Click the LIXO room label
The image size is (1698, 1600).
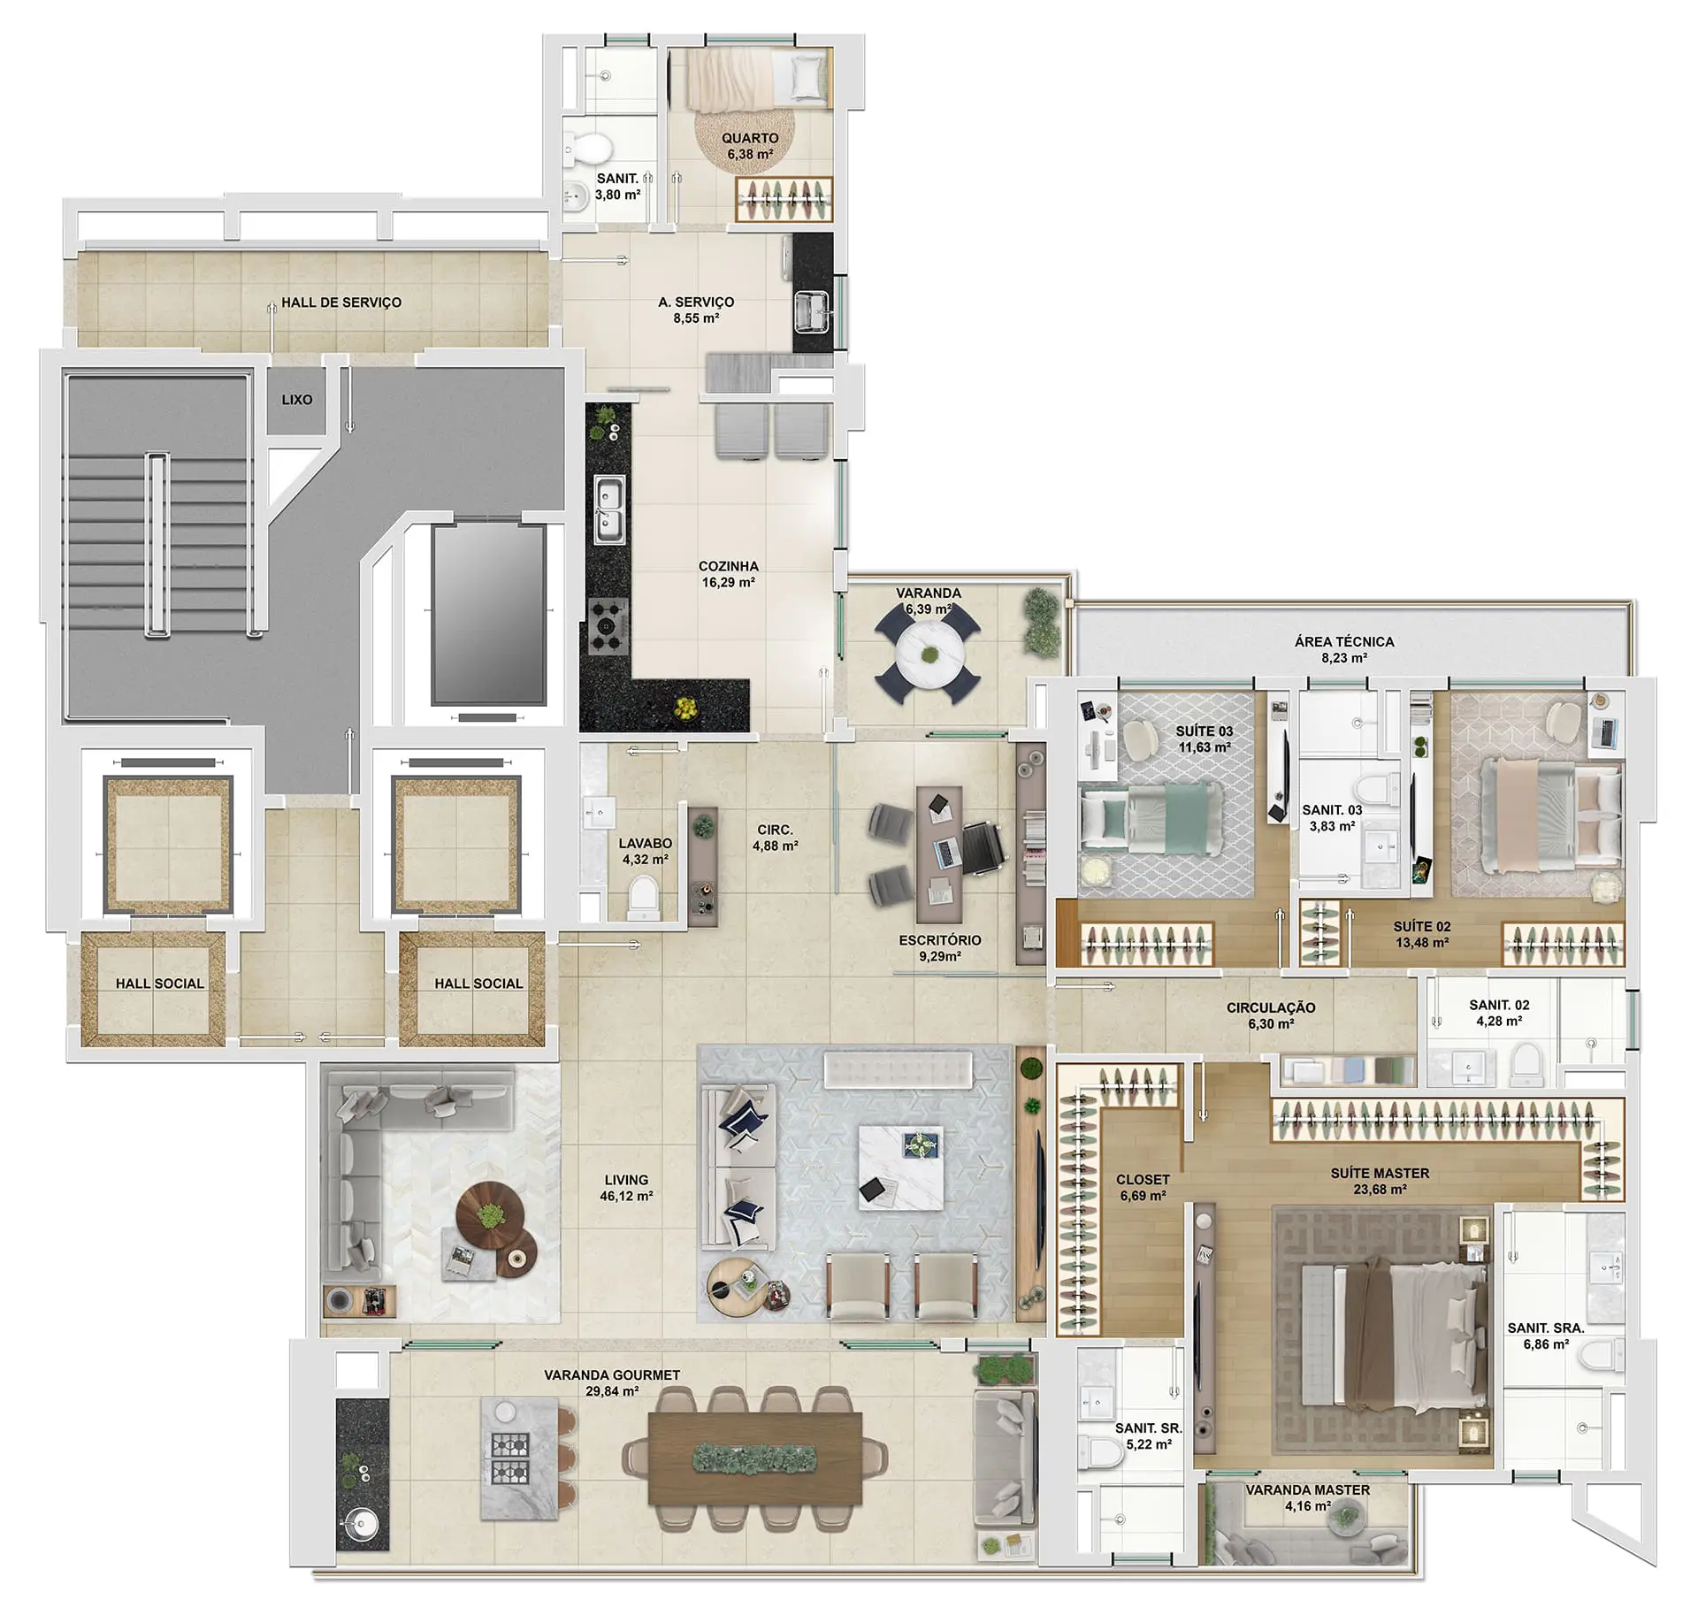[296, 400]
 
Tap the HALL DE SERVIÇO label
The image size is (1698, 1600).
[341, 302]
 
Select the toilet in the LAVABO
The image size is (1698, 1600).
[643, 898]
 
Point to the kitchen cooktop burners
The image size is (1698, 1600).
[609, 626]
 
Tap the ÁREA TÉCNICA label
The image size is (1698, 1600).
[1344, 642]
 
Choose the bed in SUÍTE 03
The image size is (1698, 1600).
[1151, 822]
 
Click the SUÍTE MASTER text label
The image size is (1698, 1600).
[1380, 1173]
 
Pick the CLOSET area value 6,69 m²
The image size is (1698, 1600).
[1143, 1196]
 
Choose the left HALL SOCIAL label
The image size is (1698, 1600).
[159, 984]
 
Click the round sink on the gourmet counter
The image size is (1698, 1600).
[361, 1523]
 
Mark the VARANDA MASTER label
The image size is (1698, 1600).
[1308, 1490]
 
